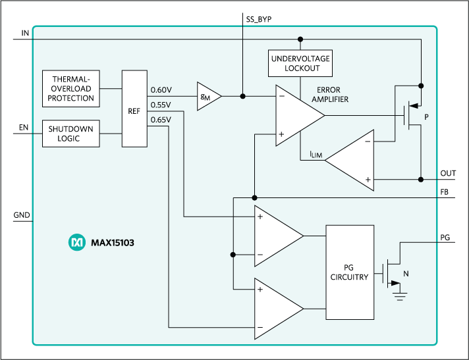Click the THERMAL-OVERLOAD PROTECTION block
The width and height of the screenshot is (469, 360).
(70, 89)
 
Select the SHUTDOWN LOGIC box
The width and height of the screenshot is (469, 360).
(70, 134)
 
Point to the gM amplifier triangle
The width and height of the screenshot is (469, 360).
(206, 96)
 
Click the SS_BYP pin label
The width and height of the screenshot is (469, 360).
(254, 20)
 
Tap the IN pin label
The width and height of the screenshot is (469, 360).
(26, 33)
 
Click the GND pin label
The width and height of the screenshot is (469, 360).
(22, 215)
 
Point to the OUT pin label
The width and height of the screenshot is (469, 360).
(448, 173)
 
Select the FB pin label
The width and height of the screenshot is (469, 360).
(446, 192)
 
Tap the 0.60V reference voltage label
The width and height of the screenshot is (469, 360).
(161, 90)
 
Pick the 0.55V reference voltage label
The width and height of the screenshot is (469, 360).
(161, 105)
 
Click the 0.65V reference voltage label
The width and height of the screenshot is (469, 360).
(161, 119)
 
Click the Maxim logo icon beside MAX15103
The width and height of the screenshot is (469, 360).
(76, 243)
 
